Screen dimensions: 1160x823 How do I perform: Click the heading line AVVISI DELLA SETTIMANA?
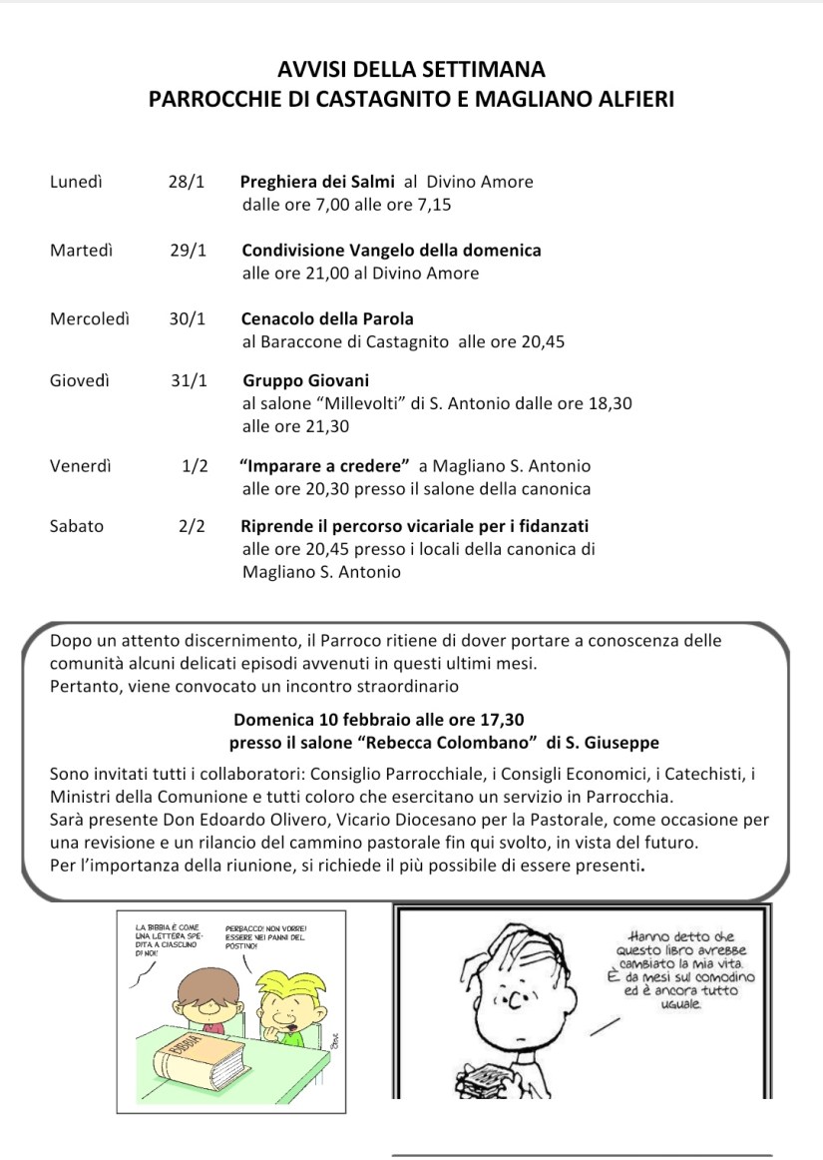pyautogui.click(x=411, y=70)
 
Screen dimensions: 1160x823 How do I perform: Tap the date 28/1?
pyautogui.click(x=187, y=182)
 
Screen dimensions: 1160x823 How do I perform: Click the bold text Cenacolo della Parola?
pyautogui.click(x=327, y=318)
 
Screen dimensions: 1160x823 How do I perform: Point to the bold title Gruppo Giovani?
pyautogui.click(x=305, y=380)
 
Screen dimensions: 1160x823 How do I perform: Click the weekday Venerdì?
pyautogui.click(x=80, y=465)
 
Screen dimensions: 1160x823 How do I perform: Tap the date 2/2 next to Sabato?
pyautogui.click(x=192, y=526)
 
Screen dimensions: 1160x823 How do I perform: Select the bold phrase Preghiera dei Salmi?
pyautogui.click(x=317, y=182)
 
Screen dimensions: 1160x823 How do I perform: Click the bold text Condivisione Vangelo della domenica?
pyautogui.click(x=391, y=251)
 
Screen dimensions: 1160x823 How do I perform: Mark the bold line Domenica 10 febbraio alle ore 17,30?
pyautogui.click(x=379, y=719)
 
